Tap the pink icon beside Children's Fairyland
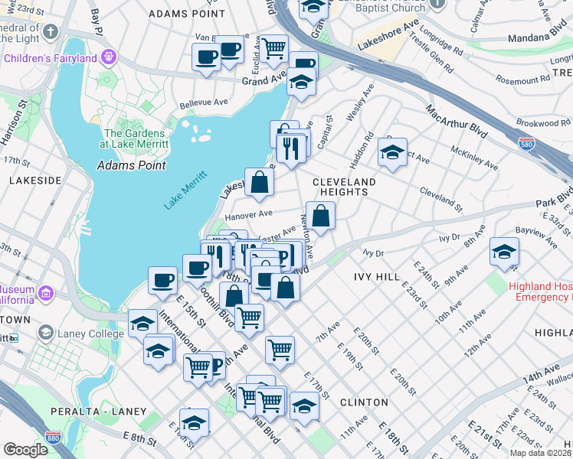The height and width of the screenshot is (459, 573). [x=110, y=57]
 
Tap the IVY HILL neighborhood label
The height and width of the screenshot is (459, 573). [x=378, y=276]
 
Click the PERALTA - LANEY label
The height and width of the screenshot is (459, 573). [x=110, y=412]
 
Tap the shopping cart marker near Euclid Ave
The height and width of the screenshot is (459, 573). [x=273, y=48]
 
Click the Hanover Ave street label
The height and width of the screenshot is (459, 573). [x=249, y=215]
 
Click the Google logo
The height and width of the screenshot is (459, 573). [x=25, y=450]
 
